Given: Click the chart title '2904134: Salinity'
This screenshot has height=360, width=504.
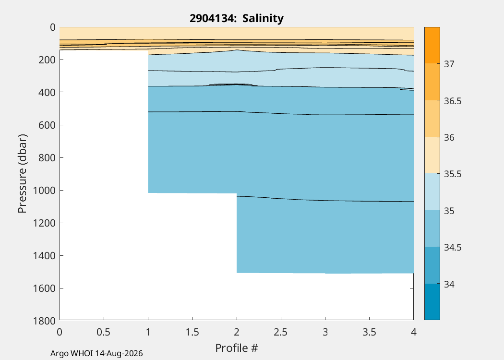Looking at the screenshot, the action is tap(237, 18).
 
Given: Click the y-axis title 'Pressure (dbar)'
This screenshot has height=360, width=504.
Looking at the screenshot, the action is tap(22, 174).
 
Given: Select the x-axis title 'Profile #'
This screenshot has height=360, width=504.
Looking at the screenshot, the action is tap(237, 348).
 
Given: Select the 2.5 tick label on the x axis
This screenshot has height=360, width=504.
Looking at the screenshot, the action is tap(281, 332).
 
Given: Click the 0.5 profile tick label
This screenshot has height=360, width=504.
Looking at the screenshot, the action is tap(104, 332).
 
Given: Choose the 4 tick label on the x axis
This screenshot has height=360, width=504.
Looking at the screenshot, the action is tap(414, 332).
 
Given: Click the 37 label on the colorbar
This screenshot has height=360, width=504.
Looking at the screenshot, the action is tap(449, 64).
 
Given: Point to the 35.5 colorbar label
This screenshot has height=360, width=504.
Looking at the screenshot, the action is tap(453, 174).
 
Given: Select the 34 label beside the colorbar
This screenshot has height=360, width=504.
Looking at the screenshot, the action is tap(449, 284).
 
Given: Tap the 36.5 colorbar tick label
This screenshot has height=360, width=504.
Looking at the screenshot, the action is tap(453, 101).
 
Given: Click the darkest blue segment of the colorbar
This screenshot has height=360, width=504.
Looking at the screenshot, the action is tap(432, 302).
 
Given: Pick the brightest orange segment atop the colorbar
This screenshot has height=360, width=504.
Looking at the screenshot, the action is tap(432, 45).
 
